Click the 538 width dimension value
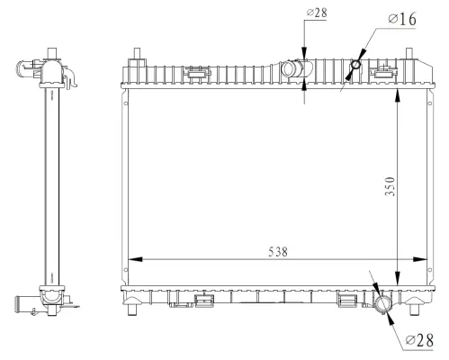[x=277, y=253]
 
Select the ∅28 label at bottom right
[x=419, y=339]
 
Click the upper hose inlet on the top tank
[x=292, y=68]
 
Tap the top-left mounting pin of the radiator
[x=135, y=53]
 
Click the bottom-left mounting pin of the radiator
[x=135, y=310]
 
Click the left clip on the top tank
[x=193, y=69]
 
